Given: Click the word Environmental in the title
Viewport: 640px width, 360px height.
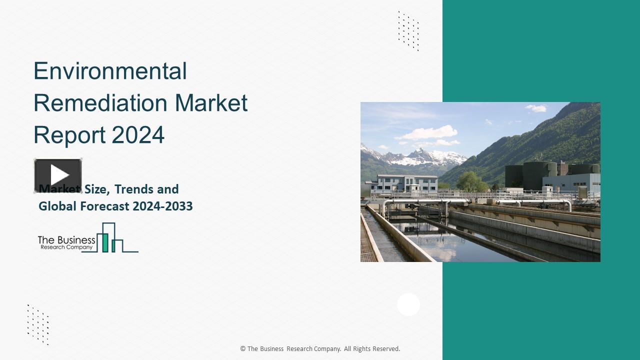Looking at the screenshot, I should pos(110,71).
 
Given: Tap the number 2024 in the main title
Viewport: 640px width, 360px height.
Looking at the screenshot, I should pos(138,135).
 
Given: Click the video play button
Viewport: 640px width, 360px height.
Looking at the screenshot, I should pos(58,175).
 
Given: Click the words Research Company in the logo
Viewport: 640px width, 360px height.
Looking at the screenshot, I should pos(66,247).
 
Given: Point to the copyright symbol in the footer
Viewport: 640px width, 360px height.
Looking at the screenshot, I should pos(243,349).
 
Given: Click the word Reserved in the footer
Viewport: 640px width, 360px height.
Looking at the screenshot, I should pos(385,349).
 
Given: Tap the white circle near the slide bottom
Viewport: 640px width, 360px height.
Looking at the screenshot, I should pos(408,304).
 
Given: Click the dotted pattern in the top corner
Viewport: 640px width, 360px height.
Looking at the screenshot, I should pos(408,30).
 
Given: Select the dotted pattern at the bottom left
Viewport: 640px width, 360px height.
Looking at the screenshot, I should pos(38,324).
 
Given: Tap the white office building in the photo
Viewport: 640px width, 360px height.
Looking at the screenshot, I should pos(400,183).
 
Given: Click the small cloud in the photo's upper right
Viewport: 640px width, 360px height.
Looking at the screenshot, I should pos(536,108).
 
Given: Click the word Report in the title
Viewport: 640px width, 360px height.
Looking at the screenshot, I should pos(69,135).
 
